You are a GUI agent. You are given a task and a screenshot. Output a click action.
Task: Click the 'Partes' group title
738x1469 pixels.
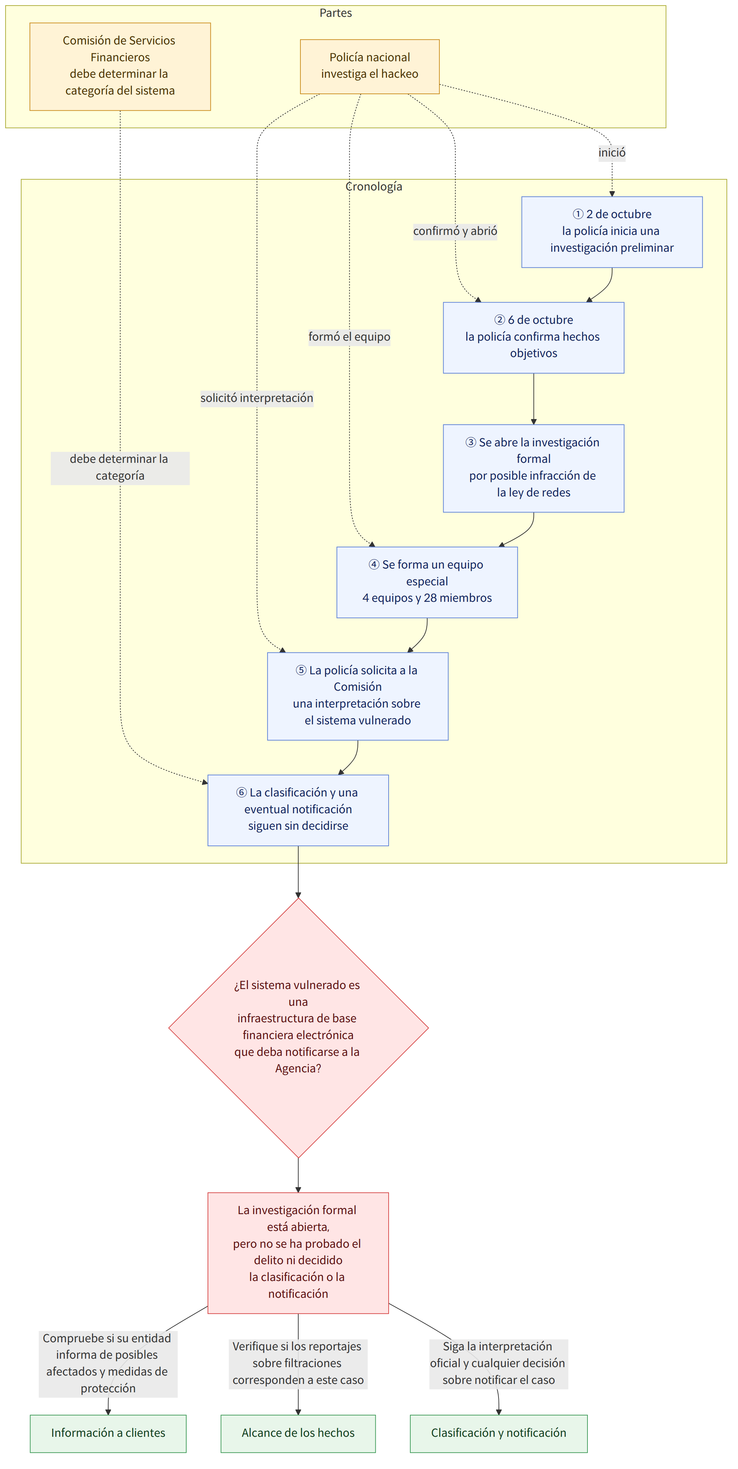coord(335,13)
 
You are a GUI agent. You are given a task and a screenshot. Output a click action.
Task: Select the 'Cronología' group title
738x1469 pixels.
coord(374,187)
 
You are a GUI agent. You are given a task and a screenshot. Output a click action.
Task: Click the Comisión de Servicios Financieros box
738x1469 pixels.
coord(120,66)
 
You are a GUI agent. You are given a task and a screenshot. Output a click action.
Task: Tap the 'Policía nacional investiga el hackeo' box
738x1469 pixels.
coord(370,66)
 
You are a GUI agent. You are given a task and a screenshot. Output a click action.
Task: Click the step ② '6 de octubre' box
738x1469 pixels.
coord(533,337)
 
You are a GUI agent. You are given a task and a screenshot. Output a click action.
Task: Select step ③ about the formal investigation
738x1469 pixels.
coord(533,468)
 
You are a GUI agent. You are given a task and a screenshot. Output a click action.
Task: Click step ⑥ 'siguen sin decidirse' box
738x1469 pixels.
coord(298,810)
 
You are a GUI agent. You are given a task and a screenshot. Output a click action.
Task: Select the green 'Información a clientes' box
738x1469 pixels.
coord(108,1433)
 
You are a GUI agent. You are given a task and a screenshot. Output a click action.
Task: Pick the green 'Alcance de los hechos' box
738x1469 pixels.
coord(298,1433)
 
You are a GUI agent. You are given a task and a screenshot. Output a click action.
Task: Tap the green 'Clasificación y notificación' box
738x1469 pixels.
coord(499,1433)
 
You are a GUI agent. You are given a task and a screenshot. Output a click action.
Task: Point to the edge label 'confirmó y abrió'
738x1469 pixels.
coord(455,231)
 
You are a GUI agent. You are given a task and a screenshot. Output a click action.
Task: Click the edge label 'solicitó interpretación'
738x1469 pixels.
coord(257,398)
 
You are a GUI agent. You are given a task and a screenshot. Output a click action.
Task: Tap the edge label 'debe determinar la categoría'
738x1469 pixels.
coord(120,468)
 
